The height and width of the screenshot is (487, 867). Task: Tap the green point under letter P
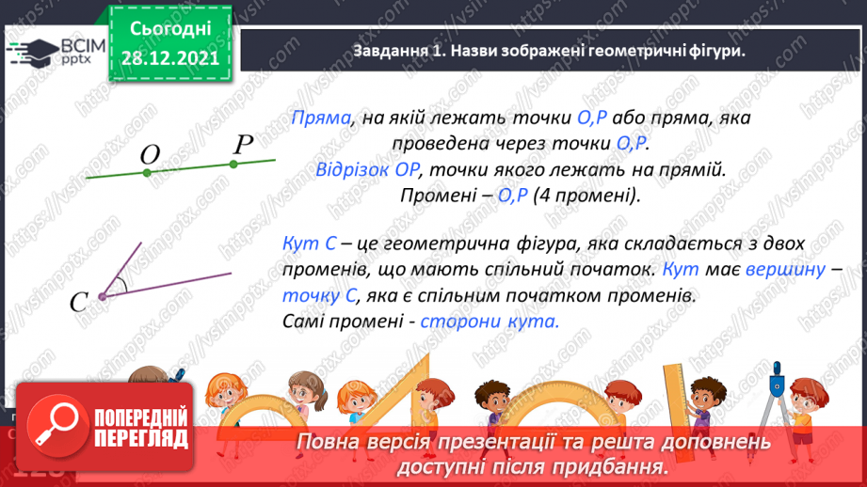[x=233, y=164]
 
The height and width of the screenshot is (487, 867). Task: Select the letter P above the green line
[x=243, y=144]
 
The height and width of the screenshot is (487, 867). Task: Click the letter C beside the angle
[x=79, y=301]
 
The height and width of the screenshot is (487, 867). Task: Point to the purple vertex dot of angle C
[x=101, y=296]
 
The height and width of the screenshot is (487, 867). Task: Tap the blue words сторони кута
[x=490, y=321]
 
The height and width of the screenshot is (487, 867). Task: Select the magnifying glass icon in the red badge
[x=50, y=428]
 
